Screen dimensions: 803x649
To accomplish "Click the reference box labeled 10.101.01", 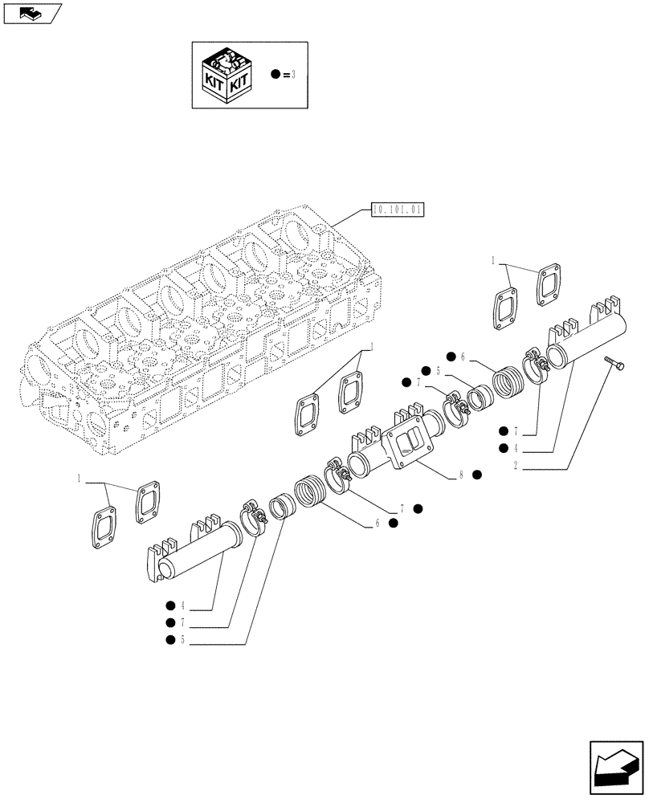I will click(x=397, y=211).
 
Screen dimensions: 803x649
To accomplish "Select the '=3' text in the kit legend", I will click(x=290, y=75).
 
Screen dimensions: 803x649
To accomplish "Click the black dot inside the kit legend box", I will click(x=276, y=75).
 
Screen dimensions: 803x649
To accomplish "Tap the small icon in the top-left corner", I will click(x=31, y=11).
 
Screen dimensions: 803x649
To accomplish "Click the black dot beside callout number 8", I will click(x=477, y=475).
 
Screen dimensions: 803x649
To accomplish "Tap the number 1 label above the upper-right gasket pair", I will click(x=493, y=260).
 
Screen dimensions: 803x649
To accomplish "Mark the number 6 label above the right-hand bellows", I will click(x=463, y=357).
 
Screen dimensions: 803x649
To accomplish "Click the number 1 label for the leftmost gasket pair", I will click(x=79, y=479).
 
